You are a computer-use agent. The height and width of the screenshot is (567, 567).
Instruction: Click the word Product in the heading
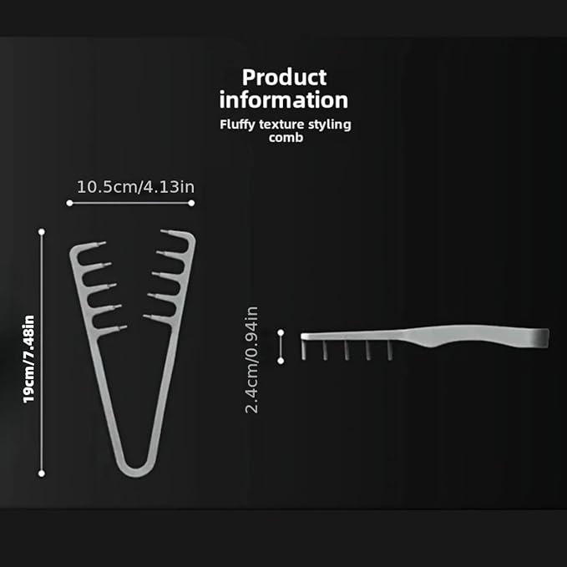pos(283,78)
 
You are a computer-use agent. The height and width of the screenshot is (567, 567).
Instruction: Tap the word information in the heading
pos(283,100)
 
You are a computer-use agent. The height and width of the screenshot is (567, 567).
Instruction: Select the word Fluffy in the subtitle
pos(237,124)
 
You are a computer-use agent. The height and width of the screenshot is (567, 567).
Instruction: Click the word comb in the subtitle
pos(283,137)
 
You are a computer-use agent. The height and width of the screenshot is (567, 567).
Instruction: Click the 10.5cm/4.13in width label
pos(135,186)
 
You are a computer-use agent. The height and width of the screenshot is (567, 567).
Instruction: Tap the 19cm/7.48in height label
pos(28,358)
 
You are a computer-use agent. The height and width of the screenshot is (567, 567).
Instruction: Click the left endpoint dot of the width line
pos(68,202)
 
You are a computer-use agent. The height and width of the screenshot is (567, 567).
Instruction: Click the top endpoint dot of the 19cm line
pos(42,231)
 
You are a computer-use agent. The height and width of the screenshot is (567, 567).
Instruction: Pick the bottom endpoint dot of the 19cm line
pos(42,473)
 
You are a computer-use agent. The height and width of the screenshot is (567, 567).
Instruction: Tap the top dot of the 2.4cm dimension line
pos(281,334)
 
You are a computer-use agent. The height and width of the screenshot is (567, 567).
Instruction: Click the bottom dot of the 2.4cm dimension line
pos(281,360)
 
